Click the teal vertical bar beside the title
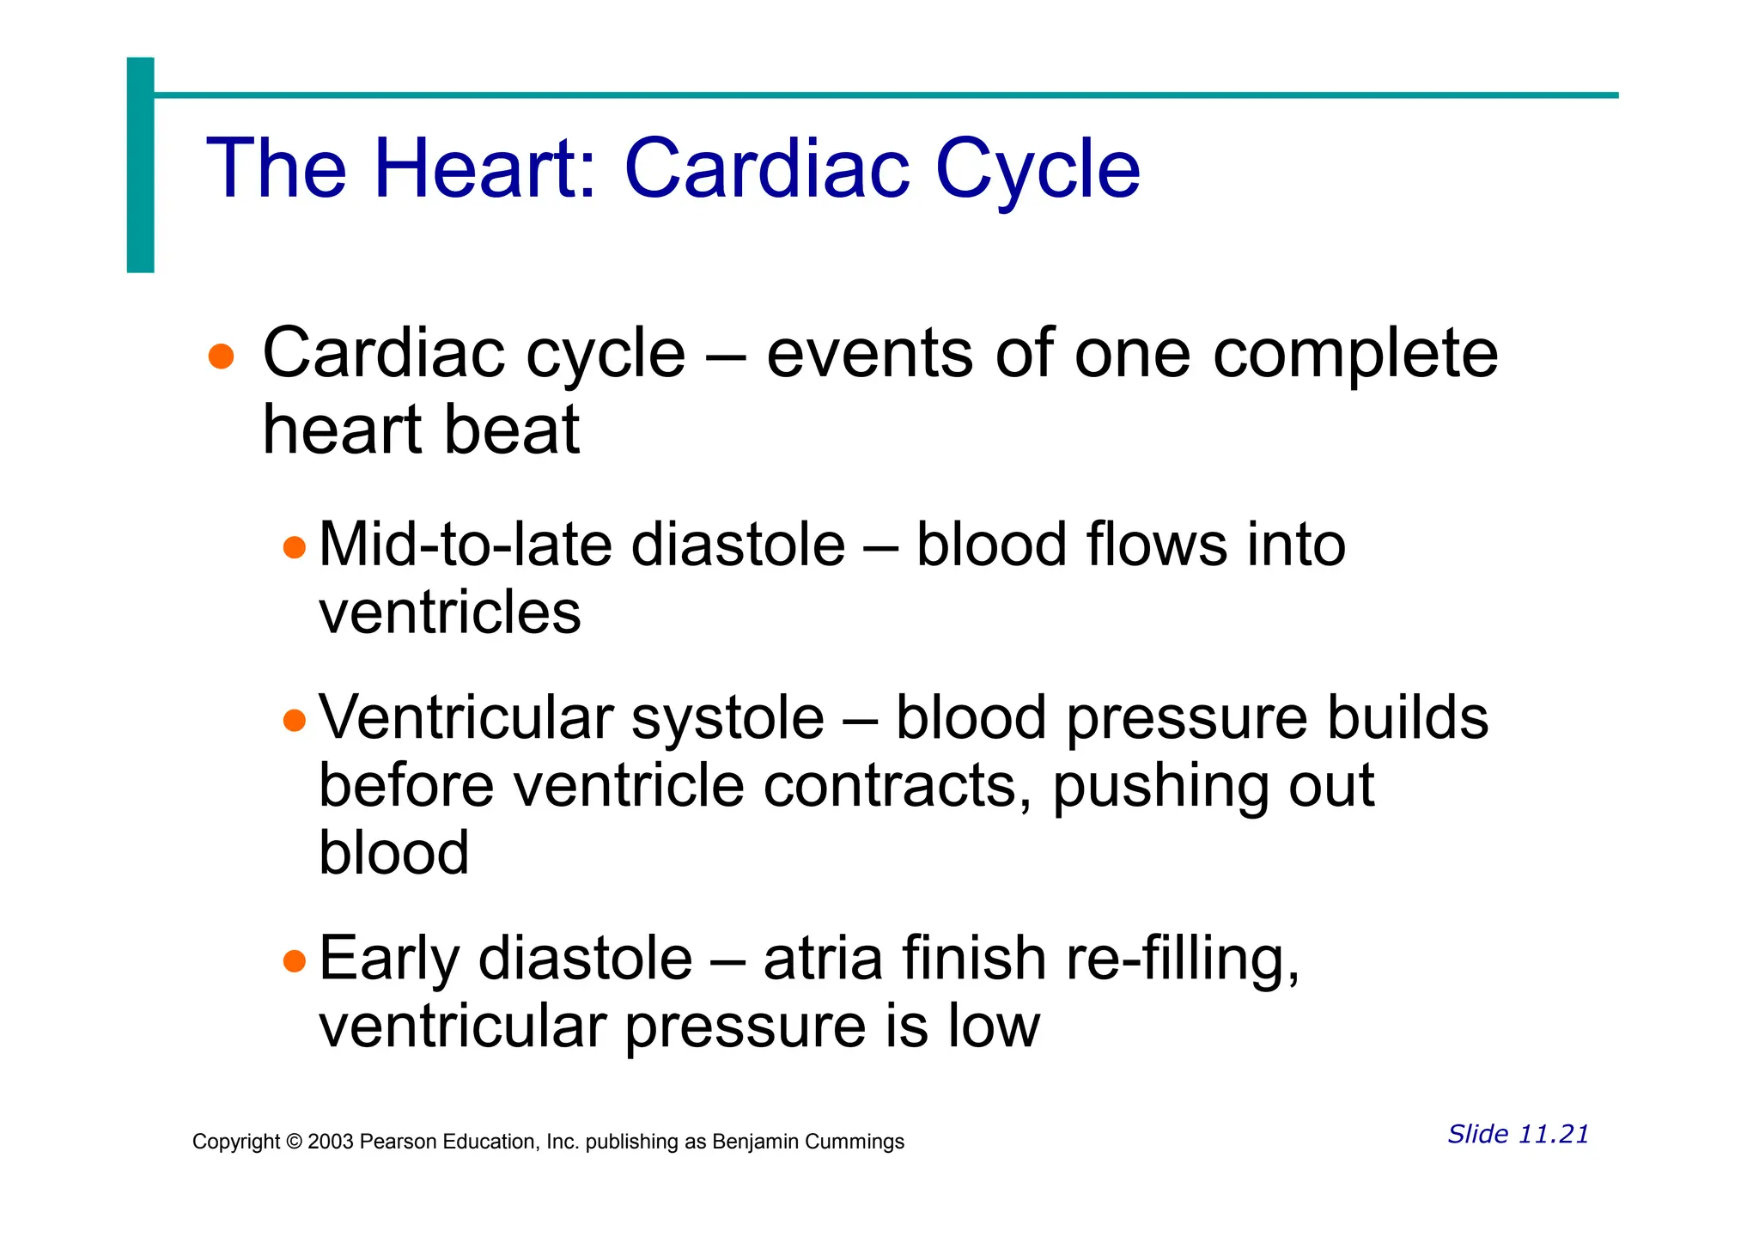click(140, 165)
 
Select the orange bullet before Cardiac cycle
click(222, 356)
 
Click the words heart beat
click(421, 430)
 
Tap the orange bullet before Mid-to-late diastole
click(295, 547)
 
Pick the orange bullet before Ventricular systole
click(295, 720)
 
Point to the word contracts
click(890, 786)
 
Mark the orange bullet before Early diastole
click(295, 960)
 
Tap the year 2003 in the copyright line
click(331, 1142)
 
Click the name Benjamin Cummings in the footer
click(808, 1142)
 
